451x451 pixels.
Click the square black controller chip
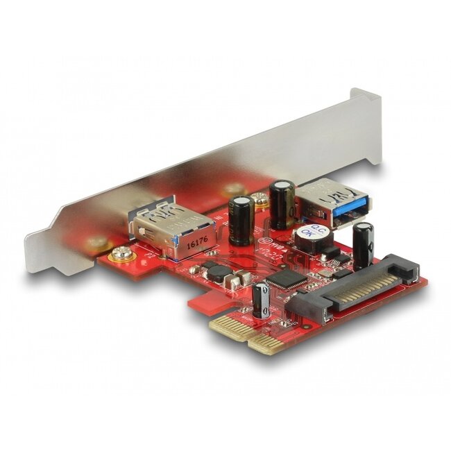[x=280, y=278]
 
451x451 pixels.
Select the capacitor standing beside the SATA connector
[x=363, y=246]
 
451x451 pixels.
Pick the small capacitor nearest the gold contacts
[x=262, y=300]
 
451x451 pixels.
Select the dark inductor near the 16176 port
[x=217, y=272]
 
